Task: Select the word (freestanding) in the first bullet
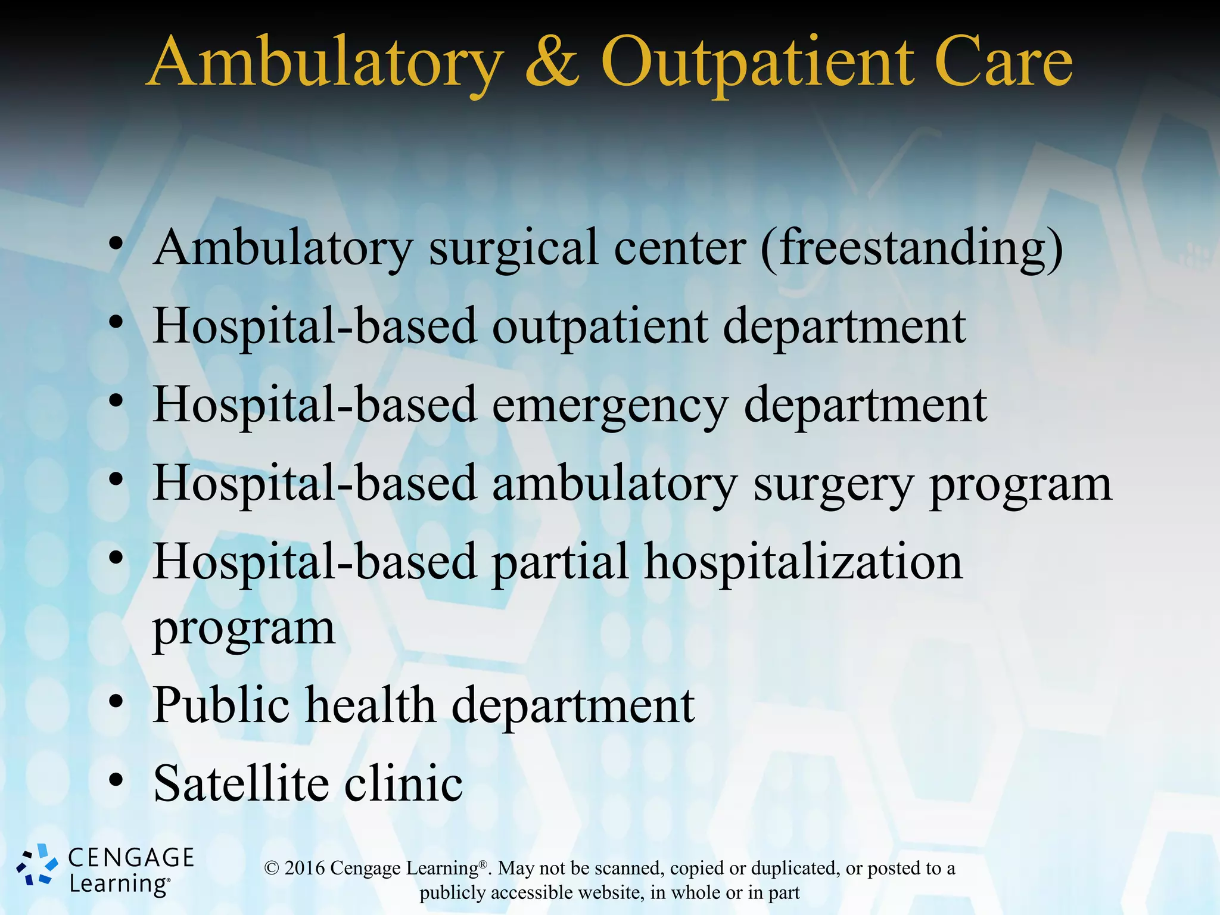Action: (x=912, y=249)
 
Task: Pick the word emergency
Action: (x=610, y=406)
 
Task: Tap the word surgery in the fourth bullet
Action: (x=833, y=485)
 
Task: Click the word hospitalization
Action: (x=803, y=563)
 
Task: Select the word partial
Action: (x=560, y=563)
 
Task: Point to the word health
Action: (x=371, y=705)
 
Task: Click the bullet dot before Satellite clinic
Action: (x=116, y=780)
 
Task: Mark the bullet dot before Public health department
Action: (x=116, y=702)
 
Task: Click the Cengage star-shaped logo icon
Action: (x=37, y=865)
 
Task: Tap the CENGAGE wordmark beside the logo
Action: (x=131, y=858)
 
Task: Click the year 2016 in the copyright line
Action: (x=304, y=868)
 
